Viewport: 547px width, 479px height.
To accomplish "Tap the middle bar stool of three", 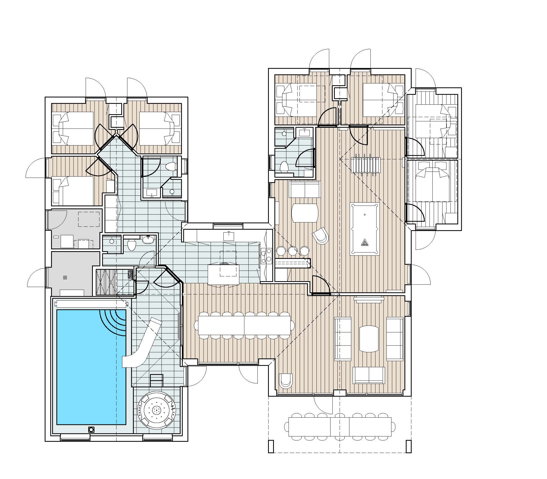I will pyautogui.click(x=293, y=251).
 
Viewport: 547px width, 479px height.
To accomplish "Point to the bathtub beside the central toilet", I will pyautogui.click(x=148, y=239).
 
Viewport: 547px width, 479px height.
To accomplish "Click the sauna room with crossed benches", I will pyautogui.click(x=107, y=282).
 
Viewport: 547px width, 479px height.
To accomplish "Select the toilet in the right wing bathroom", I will pyautogui.click(x=284, y=167).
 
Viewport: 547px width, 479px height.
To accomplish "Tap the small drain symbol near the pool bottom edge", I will pyautogui.click(x=91, y=430).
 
